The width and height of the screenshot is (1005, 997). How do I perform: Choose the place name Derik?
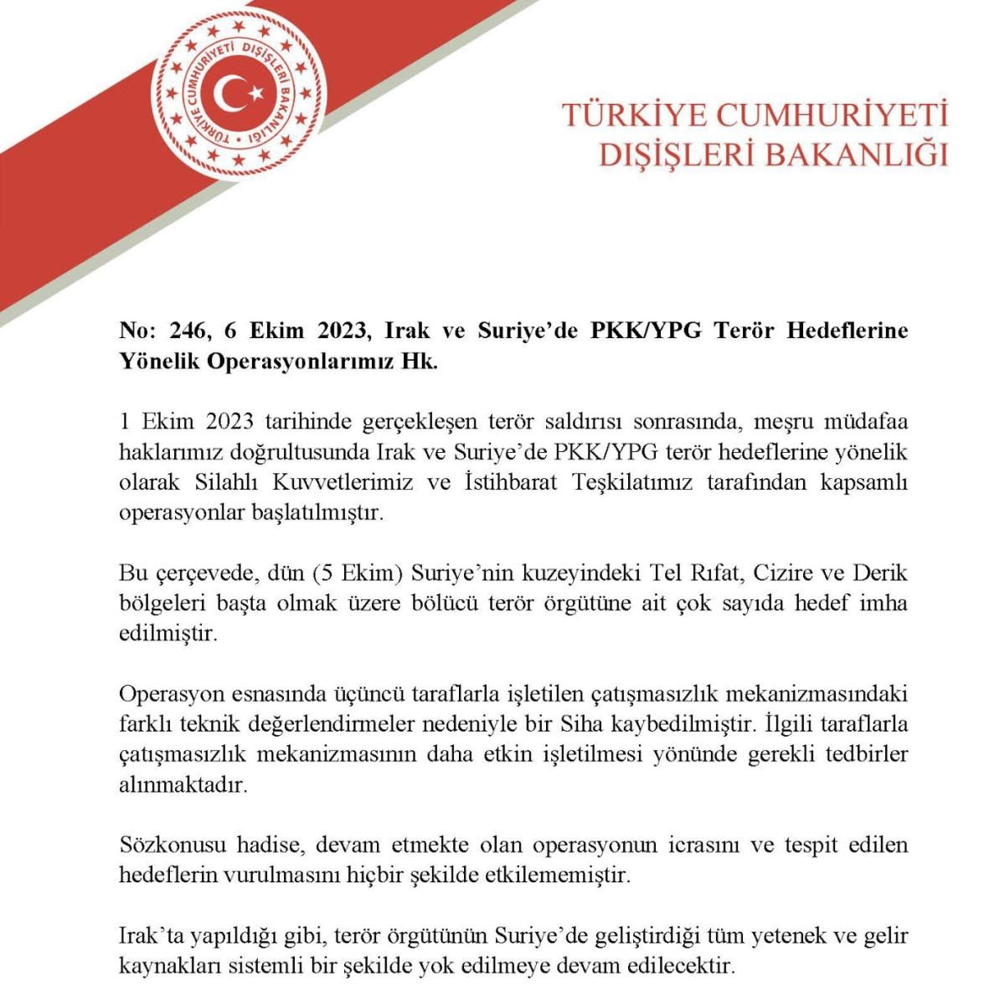click(880, 573)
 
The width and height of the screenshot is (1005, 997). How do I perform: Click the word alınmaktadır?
click(184, 786)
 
